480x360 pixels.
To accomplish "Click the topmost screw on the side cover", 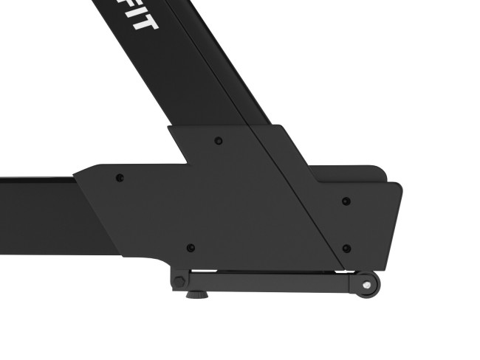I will pyautogui.click(x=217, y=140).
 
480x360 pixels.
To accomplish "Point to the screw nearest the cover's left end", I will pyautogui.click(x=120, y=178).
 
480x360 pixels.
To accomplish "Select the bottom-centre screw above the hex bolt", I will pyautogui.click(x=190, y=248).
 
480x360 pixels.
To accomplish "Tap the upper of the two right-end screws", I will pyautogui.click(x=346, y=201).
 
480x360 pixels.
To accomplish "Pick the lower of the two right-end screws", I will pyautogui.click(x=346, y=249).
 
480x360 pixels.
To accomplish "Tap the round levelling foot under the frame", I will pyautogui.click(x=196, y=294).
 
